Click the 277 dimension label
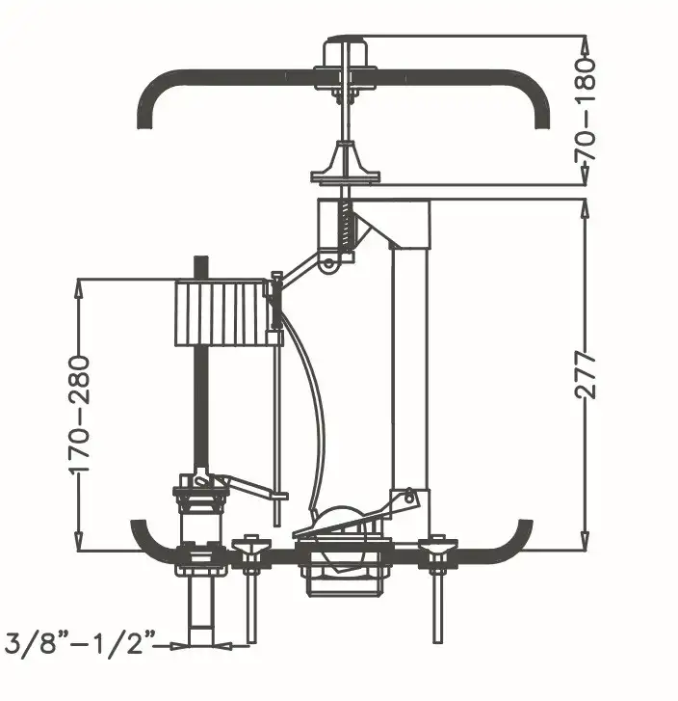click(x=586, y=375)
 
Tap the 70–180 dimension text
click(x=586, y=109)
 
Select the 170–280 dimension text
click(x=80, y=415)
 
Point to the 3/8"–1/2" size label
click(x=80, y=643)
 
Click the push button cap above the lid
click(x=345, y=52)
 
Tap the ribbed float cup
click(x=222, y=313)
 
